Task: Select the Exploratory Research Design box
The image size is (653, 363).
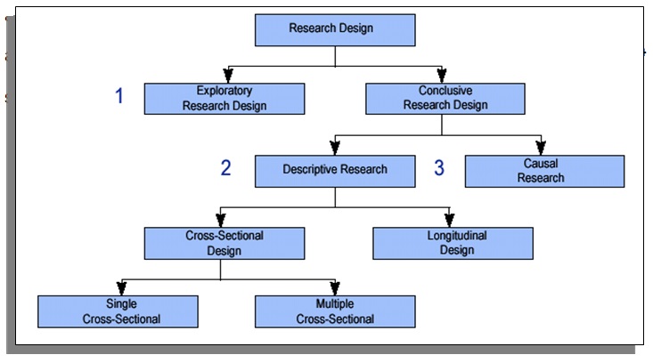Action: click(x=224, y=99)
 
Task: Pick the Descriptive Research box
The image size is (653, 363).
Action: click(x=334, y=170)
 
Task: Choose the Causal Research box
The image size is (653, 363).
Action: click(x=544, y=171)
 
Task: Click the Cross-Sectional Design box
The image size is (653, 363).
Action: click(x=224, y=243)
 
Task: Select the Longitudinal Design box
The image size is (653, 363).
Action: click(x=452, y=243)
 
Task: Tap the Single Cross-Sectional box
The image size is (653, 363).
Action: click(x=117, y=311)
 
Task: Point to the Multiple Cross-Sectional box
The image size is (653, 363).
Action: click(x=334, y=311)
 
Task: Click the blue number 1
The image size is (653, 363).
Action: click(x=119, y=97)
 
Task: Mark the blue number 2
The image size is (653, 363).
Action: click(x=225, y=168)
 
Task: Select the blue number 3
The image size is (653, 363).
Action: click(x=439, y=168)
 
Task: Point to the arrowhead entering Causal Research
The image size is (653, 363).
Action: click(x=540, y=148)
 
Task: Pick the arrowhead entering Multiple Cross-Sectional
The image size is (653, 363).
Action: click(x=334, y=288)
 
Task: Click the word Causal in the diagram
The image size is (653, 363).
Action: click(x=544, y=165)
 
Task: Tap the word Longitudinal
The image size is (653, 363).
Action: click(x=452, y=237)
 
